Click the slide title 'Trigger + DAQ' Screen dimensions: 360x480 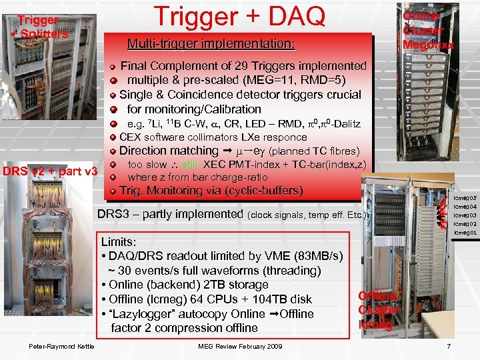(x=239, y=18)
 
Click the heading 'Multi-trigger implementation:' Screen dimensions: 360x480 (x=211, y=45)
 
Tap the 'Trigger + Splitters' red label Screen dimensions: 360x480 (x=38, y=27)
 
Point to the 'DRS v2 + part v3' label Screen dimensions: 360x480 (x=50, y=171)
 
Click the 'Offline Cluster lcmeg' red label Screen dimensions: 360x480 (x=379, y=310)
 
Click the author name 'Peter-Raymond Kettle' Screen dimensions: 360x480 (x=61, y=346)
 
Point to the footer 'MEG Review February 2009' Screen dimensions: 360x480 (x=241, y=346)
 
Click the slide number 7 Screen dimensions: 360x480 (x=449, y=346)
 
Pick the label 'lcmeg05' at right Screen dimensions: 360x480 (x=465, y=198)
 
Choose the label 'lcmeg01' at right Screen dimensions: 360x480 (x=465, y=233)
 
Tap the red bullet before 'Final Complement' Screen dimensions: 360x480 (x=114, y=67)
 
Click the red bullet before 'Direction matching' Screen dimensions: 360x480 (x=114, y=151)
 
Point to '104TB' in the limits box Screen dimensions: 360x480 (x=270, y=299)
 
